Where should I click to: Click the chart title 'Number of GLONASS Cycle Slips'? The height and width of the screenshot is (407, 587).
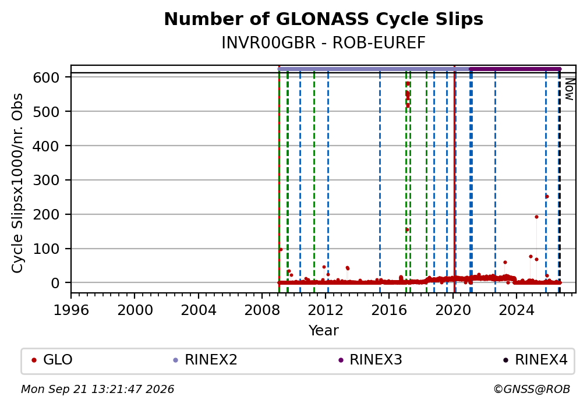(x=323, y=19)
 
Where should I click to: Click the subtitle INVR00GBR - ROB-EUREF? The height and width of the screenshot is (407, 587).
(x=323, y=43)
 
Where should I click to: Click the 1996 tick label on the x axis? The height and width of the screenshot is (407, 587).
(x=71, y=310)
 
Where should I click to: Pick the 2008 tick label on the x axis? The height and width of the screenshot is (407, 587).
(x=262, y=310)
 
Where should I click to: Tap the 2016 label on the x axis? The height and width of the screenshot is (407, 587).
(x=389, y=310)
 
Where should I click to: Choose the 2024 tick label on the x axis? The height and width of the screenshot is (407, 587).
(x=516, y=310)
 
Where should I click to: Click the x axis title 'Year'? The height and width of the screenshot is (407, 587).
(x=323, y=330)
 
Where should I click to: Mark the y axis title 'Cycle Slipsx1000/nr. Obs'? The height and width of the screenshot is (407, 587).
(x=17, y=183)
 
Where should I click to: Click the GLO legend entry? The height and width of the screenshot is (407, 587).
(x=52, y=360)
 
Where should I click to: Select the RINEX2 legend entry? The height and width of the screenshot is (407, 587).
(x=205, y=360)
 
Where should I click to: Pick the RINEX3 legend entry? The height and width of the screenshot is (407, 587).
(x=370, y=360)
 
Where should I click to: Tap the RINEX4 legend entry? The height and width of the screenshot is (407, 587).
(x=535, y=360)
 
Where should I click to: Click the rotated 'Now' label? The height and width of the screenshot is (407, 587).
(x=570, y=89)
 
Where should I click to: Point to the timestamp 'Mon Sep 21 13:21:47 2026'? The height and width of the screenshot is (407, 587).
(x=97, y=390)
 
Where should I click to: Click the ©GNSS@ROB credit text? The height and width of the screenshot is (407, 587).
(x=532, y=390)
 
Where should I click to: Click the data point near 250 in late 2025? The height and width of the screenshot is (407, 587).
(x=547, y=197)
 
